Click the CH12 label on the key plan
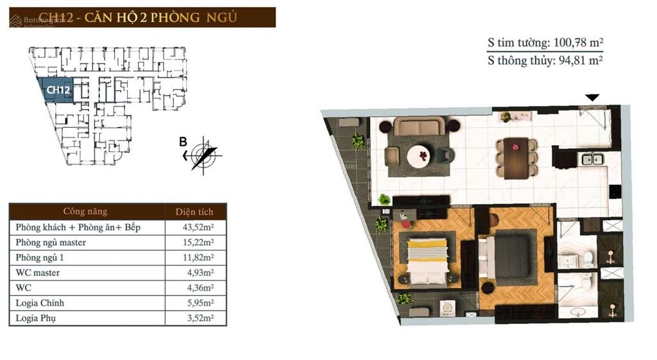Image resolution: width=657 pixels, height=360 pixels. click(58, 90)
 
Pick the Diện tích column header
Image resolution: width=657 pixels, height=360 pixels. click(195, 212)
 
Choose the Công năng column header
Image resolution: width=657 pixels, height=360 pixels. click(85, 212)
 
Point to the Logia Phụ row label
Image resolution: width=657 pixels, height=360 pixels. click(37, 318)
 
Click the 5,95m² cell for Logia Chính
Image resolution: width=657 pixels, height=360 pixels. click(198, 303)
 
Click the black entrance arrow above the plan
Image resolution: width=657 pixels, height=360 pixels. click(592, 98)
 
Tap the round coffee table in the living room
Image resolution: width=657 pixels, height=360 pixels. click(420, 154)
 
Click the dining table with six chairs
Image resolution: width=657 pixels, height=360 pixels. click(516, 157)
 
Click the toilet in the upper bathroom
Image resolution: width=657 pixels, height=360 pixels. click(588, 258)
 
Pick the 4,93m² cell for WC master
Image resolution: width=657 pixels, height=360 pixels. click(198, 273)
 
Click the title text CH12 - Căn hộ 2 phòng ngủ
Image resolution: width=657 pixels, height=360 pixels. click(137, 17)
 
